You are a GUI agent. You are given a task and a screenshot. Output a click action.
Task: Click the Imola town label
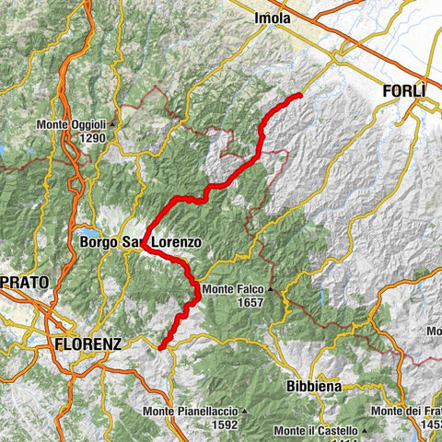273,18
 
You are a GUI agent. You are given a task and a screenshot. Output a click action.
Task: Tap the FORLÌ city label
404,91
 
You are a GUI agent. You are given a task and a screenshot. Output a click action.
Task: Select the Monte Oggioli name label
72,125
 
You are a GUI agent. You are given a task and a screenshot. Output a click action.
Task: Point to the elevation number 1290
93,138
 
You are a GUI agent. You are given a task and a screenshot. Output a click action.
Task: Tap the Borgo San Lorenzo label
140,243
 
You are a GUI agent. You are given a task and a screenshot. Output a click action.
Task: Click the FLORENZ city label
87,343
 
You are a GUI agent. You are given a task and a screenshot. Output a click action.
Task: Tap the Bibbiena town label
313,387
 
